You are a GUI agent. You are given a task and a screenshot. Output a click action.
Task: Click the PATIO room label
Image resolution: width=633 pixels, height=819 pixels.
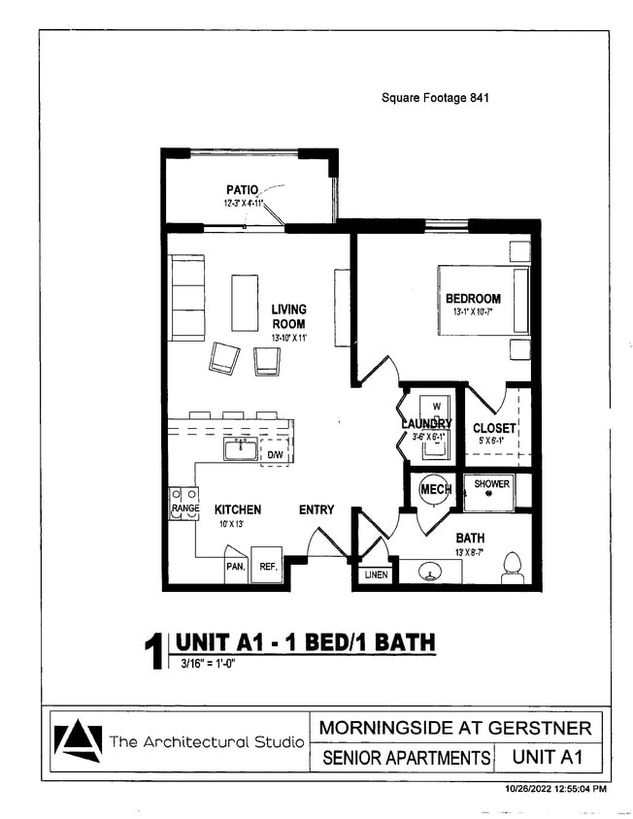click(241, 190)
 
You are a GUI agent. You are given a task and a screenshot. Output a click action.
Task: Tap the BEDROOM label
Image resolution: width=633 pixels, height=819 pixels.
click(473, 299)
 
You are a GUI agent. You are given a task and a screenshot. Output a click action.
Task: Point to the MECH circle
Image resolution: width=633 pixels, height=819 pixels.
click(435, 490)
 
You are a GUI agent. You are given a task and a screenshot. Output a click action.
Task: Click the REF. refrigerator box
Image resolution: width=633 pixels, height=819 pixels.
click(267, 566)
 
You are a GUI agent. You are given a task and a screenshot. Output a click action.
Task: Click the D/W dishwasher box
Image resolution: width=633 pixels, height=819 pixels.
click(276, 453)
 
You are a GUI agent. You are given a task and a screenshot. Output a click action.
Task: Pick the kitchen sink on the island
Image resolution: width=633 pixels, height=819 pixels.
click(240, 449)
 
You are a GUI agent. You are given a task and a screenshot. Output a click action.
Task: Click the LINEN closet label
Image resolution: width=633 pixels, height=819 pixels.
click(376, 575)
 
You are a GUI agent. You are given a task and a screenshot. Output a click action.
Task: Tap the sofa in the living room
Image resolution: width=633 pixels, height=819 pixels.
click(187, 298)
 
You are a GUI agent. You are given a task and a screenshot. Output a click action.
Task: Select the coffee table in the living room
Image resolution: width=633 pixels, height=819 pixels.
click(245, 303)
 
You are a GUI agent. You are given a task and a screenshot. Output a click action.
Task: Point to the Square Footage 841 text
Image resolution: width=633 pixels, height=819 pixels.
click(428, 98)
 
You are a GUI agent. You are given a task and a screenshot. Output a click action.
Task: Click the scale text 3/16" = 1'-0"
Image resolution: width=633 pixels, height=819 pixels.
click(209, 664)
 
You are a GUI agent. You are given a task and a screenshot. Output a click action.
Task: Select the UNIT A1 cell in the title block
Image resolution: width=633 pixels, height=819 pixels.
click(547, 757)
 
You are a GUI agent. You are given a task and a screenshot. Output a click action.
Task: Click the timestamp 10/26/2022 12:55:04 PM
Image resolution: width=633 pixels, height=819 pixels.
click(555, 789)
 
